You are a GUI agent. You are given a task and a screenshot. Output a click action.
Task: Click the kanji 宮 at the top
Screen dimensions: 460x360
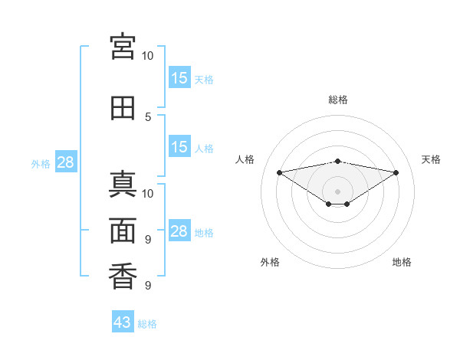[123, 47]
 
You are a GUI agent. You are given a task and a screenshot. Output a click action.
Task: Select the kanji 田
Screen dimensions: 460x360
[123, 108]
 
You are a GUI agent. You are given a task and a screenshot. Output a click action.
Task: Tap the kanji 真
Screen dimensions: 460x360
[123, 184]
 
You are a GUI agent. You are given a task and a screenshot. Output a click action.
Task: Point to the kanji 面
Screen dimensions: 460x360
[123, 231]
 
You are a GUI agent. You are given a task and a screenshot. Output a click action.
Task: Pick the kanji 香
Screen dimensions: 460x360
[123, 277]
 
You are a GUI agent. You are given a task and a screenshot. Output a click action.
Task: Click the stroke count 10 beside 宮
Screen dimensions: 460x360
[147, 56]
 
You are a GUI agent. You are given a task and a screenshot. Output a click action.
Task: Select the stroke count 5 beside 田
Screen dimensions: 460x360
[148, 117]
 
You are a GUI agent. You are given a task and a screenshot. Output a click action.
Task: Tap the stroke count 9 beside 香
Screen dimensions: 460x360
[148, 285]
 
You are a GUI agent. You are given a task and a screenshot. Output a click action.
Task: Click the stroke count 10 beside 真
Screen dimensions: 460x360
[147, 194]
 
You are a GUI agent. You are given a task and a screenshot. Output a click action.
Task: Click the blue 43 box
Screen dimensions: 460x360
[123, 321]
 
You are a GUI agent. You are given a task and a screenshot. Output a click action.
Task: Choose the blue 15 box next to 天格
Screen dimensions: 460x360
[179, 77]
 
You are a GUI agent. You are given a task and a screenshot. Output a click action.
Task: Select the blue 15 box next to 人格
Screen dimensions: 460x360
[179, 146]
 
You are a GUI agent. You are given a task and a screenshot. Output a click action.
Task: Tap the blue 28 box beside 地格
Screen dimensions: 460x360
[179, 230]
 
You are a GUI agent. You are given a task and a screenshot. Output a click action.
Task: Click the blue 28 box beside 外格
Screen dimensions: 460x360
[66, 162]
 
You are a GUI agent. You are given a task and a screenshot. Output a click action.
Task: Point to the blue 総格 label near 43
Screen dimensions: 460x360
[147, 324]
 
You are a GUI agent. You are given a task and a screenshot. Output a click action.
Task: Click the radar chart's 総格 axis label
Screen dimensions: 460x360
[338, 100]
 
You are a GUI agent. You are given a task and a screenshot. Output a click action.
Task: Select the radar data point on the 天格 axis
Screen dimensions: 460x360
[396, 172]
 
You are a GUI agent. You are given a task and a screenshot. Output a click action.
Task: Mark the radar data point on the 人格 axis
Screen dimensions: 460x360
[279, 172]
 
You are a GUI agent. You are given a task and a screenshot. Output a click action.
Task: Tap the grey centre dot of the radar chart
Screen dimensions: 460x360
[337, 191]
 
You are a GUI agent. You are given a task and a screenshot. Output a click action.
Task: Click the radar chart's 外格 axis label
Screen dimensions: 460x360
[270, 262]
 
